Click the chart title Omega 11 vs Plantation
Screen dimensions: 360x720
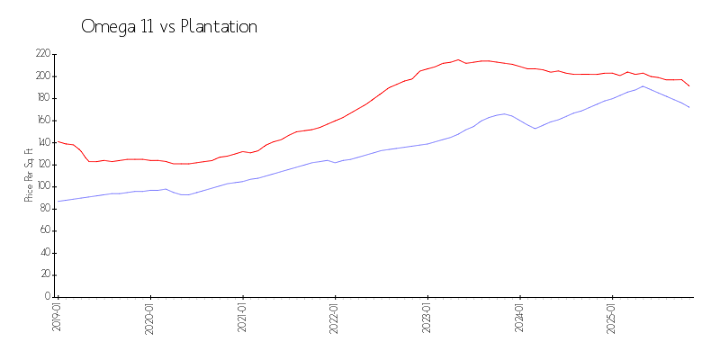pos(169,27)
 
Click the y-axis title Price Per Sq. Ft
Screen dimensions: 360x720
pos(29,175)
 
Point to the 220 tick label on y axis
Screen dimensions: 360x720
pos(42,54)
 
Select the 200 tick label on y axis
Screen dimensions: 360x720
pos(42,76)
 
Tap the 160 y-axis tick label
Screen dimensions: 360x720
pos(42,121)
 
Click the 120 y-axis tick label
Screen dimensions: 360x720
pos(42,165)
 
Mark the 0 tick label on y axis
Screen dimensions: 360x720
pos(47,297)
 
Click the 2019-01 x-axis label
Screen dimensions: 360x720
pos(57,317)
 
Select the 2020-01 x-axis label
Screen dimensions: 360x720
pos(149,317)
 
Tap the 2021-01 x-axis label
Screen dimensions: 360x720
pos(242,317)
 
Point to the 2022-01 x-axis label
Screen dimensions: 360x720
pos(335,317)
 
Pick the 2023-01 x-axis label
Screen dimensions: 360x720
pos(427,317)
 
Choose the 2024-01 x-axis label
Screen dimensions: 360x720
pos(519,317)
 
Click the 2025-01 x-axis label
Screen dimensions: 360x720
pos(612,317)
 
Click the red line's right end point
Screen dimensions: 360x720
pos(689,86)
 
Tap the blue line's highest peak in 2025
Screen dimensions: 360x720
pos(643,86)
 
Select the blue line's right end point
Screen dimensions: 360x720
pos(689,108)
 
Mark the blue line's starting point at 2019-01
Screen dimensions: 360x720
pos(58,202)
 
